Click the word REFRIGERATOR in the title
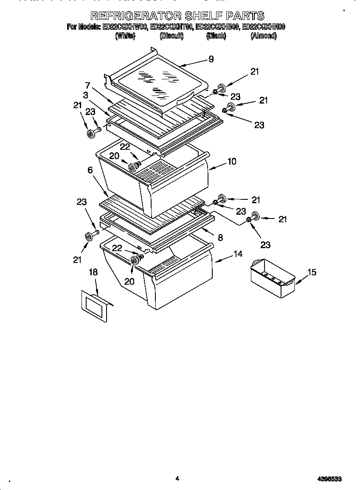(135, 16)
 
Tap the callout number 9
(211, 59)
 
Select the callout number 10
(232, 161)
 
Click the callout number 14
(238, 254)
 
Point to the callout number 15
(312, 272)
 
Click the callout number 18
(93, 272)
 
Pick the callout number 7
(87, 85)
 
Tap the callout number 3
(86, 95)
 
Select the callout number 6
(90, 170)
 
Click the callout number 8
(220, 238)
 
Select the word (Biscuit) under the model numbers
(172, 36)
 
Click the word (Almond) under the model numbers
(264, 36)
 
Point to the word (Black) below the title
(216, 36)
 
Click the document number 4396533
(330, 479)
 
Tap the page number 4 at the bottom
(177, 479)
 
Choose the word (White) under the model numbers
(125, 36)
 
